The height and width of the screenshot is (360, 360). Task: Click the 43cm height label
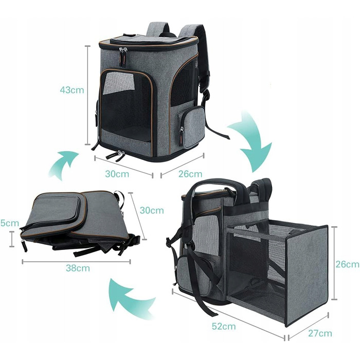pyautogui.click(x=72, y=90)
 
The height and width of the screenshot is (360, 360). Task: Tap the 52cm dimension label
pyautogui.click(x=224, y=326)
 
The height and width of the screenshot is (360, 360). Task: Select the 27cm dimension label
pyautogui.click(x=320, y=333)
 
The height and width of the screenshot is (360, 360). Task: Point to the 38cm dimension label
pyautogui.click(x=78, y=268)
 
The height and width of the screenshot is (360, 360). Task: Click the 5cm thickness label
pyautogui.click(x=10, y=223)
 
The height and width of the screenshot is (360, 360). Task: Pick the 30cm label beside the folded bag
pyautogui.click(x=152, y=210)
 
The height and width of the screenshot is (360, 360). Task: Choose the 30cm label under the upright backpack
pyautogui.click(x=117, y=174)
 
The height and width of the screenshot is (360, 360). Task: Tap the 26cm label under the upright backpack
pyautogui.click(x=190, y=174)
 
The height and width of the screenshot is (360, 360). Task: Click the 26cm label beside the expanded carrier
pyautogui.click(x=348, y=264)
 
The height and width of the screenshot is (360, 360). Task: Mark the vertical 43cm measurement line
pyautogui.click(x=87, y=95)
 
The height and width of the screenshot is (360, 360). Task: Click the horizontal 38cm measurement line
pyautogui.click(x=77, y=261)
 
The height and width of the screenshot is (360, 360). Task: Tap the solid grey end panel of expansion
pyautogui.click(x=307, y=275)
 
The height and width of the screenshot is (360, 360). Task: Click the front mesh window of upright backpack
pyautogui.click(x=127, y=103)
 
